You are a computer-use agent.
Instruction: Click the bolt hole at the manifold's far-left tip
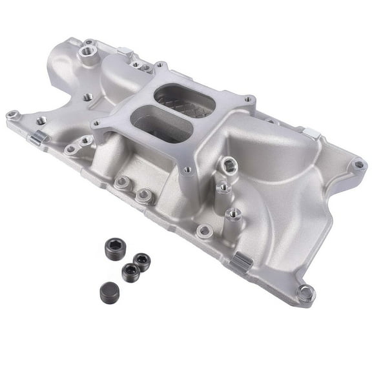click(x=12, y=116)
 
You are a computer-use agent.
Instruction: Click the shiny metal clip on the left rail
click(x=38, y=138)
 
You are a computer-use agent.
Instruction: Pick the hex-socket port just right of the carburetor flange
click(x=225, y=166)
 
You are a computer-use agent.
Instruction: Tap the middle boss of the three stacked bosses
click(x=223, y=189)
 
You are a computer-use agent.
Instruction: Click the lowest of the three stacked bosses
click(x=234, y=212)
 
